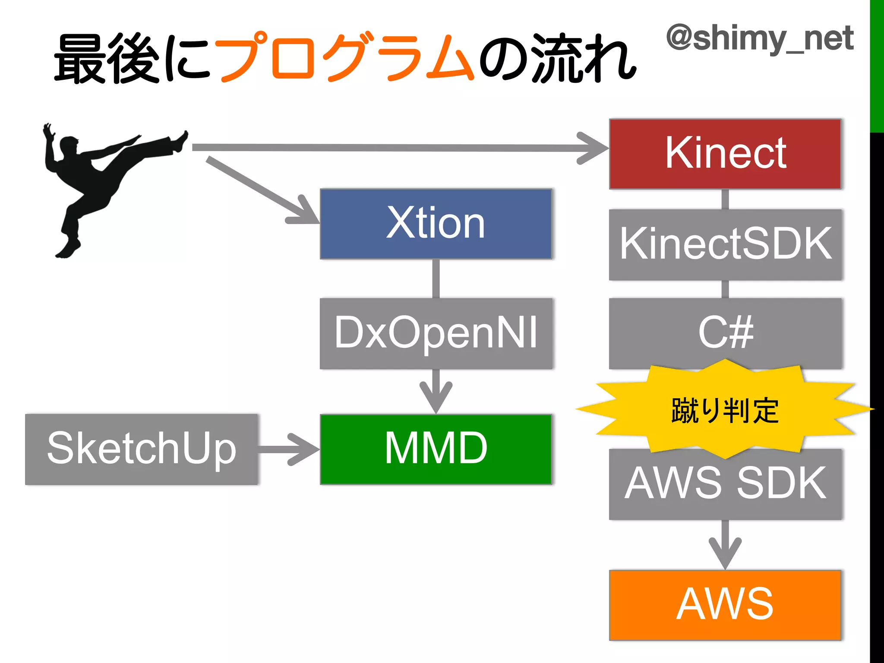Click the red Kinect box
tap(725, 154)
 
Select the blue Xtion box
tap(436, 224)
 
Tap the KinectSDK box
tap(725, 245)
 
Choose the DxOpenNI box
tap(436, 333)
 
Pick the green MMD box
tap(436, 449)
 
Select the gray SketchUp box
tap(142, 449)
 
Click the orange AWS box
tap(725, 604)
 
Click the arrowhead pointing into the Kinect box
tap(594, 148)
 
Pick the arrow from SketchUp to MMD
tap(289, 449)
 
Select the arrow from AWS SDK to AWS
tap(725, 546)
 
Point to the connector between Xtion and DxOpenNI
tap(436, 278)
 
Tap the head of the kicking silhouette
tap(69, 145)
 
